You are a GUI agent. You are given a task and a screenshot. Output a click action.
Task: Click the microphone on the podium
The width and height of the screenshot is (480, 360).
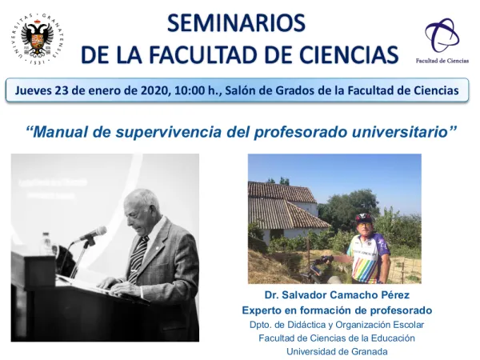click(x=93, y=233)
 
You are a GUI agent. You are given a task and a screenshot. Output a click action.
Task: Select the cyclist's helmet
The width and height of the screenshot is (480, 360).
click(x=364, y=217)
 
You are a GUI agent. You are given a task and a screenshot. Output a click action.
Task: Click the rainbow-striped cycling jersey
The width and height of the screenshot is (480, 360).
click(x=369, y=254)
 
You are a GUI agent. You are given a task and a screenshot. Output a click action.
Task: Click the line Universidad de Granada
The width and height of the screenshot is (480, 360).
click(x=336, y=351)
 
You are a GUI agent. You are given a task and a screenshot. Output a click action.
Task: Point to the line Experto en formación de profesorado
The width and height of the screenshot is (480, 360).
click(x=336, y=310)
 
